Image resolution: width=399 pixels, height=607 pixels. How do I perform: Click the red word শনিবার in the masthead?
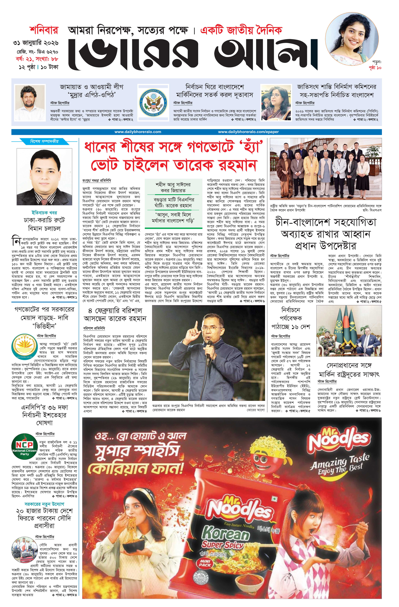click(44, 30)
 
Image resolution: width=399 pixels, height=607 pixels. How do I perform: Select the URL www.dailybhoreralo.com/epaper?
click(248, 132)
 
